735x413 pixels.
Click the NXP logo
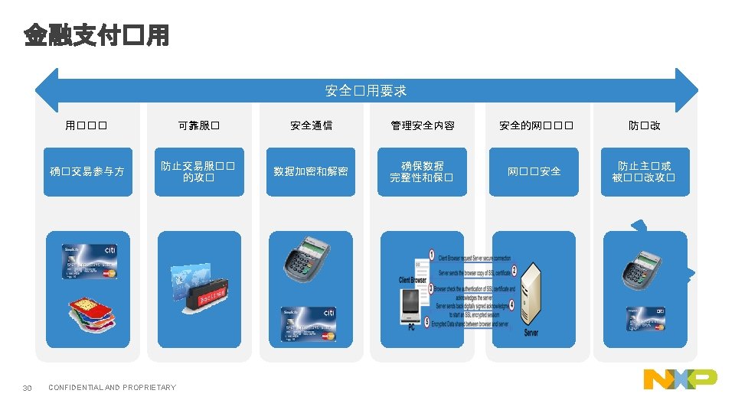pos(680,379)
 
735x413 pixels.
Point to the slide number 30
pos(28,388)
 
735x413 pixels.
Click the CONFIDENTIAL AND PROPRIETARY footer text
pos(112,388)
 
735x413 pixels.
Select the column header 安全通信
pos(311,125)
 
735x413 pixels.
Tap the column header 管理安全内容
pos(422,125)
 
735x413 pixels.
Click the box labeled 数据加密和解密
pos(311,171)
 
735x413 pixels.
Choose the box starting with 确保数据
pos(422,171)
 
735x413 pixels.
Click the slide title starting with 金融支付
pos(96,35)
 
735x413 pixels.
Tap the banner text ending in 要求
pos(366,90)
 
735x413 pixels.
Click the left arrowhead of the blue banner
pos(47,90)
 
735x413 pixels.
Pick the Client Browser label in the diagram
pos(413,280)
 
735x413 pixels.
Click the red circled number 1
pos(432,255)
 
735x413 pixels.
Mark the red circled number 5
pos(426,324)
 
